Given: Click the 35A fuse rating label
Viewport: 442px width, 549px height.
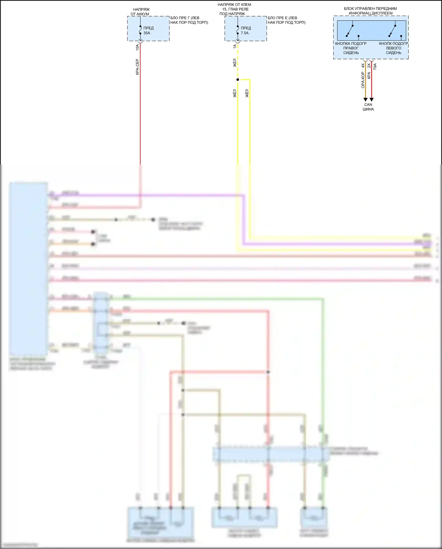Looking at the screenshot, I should pos(147,33).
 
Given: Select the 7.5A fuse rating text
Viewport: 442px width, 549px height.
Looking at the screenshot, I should pos(245,33).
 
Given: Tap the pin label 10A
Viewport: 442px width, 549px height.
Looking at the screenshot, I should pos(137,47).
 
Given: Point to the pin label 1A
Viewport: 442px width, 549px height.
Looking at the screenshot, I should pos(235,47).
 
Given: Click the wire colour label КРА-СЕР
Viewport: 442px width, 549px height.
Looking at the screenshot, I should pos(137,67).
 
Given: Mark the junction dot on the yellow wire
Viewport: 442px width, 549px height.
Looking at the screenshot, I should pos(238,80).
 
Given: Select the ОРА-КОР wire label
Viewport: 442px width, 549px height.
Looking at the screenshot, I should pos(363,80).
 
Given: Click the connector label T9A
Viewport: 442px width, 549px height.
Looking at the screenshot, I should pos(375,67).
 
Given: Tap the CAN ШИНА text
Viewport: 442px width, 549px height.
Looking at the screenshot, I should pos(368,107).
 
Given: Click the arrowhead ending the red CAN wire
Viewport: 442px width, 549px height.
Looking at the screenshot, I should pos(372,100).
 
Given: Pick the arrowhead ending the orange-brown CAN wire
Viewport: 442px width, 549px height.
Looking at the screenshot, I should pos(365,100).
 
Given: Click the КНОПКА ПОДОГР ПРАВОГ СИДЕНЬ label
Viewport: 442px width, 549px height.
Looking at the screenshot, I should pos(351,48).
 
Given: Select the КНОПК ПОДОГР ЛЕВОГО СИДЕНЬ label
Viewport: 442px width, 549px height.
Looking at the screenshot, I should pos(393,48).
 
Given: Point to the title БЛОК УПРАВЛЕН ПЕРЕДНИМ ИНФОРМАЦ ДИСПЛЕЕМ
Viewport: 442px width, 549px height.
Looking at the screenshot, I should pos(370,11).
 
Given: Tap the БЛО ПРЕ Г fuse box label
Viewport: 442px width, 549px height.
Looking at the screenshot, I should pos(189,20).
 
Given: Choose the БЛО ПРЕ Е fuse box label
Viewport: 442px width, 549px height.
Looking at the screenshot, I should pos(286,20).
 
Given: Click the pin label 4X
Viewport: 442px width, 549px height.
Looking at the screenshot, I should pos(363,65).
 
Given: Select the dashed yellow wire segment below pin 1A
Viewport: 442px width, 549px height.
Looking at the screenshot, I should pos(238,62).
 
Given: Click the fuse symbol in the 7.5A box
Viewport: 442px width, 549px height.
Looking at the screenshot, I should pos(238,30).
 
